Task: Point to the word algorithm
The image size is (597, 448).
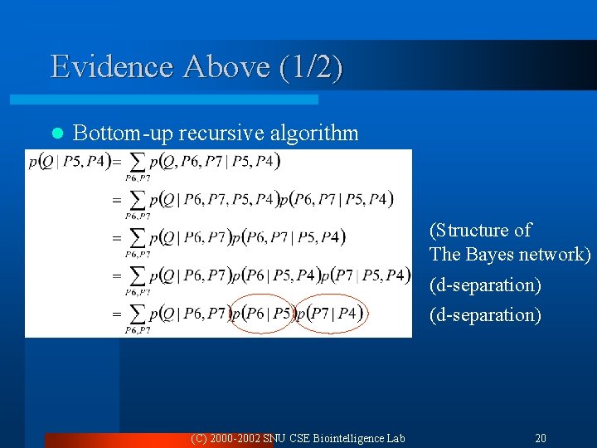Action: pos(319,133)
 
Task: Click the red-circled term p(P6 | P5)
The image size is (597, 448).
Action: pos(262,314)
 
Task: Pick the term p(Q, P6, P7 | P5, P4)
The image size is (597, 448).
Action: pos(216,161)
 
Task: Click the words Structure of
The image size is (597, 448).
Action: pos(480,230)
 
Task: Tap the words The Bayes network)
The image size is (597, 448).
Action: pos(510,254)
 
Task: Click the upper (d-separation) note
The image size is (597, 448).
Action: pos(485,285)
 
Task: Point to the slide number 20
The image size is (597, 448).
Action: pos(540,437)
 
